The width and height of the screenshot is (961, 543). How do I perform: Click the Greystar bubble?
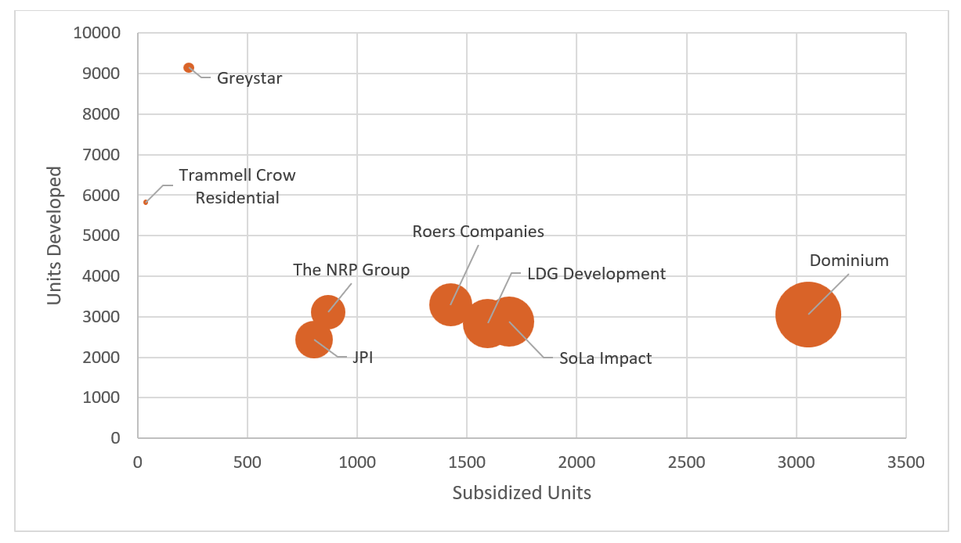coord(189,68)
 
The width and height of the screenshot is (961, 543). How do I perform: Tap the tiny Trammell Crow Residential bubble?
coord(146,202)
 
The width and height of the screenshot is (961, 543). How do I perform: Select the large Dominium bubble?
coord(808,315)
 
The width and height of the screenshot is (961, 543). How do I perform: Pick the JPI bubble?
coord(314,340)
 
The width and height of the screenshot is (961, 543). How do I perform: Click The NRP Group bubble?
coord(328,312)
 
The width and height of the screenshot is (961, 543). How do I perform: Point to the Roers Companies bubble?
coord(450,304)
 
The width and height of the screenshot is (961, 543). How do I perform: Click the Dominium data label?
coord(849,261)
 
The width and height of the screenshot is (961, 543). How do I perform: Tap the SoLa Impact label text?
coord(605,358)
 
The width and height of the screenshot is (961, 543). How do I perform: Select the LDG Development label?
coord(596,274)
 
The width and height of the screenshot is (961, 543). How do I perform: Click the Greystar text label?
coord(249,78)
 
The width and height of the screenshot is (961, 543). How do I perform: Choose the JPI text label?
coord(362,357)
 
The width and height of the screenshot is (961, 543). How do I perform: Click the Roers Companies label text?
coord(478,232)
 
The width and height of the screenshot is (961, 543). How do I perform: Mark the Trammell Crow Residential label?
coord(237,186)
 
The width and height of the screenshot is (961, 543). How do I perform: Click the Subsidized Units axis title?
coord(522,493)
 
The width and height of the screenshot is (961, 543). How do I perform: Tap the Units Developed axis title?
coord(54,236)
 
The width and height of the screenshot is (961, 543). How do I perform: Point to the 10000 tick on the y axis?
coord(96,33)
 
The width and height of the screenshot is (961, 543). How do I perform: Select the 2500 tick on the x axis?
coord(686,462)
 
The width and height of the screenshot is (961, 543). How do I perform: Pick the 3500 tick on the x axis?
coord(906,462)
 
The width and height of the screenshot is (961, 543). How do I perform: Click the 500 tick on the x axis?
coord(247,462)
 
